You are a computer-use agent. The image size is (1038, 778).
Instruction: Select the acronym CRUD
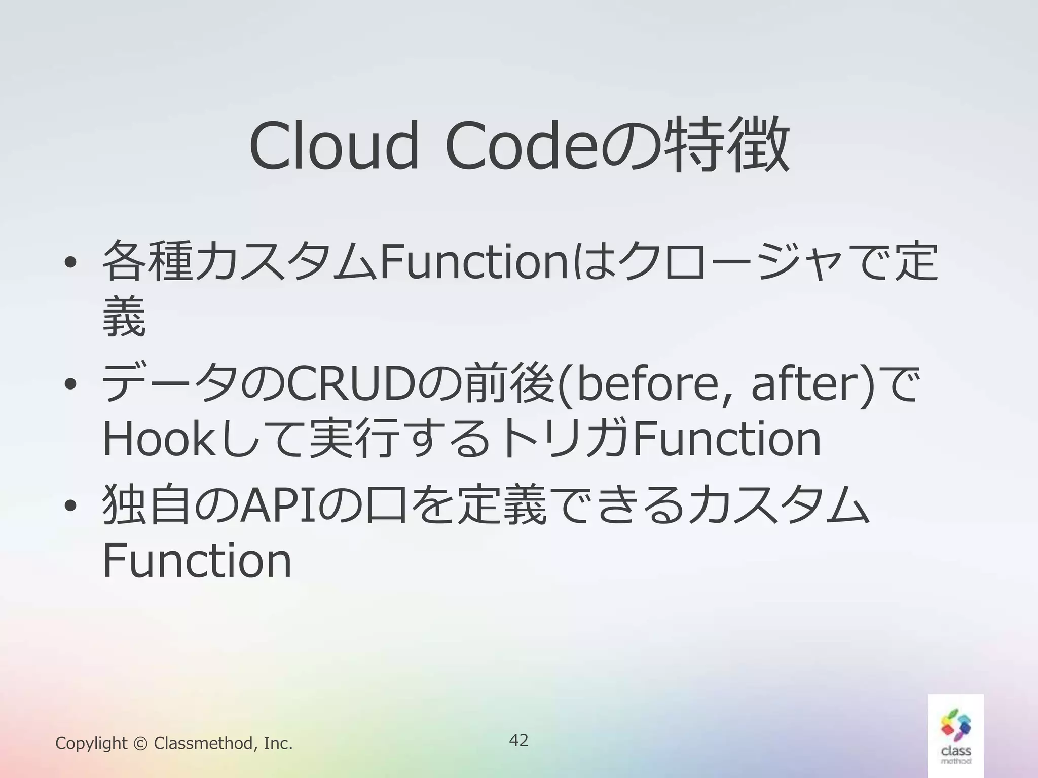click(346, 384)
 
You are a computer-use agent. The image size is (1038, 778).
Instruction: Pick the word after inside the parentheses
click(811, 384)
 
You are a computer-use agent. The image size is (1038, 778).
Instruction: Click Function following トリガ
click(727, 440)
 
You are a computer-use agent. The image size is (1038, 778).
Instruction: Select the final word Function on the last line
click(197, 561)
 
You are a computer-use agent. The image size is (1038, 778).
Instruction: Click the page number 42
click(518, 740)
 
